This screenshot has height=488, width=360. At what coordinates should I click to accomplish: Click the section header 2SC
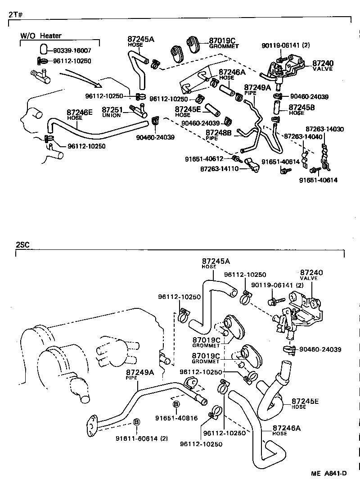[22, 245]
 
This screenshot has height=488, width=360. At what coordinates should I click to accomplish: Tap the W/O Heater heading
[41, 36]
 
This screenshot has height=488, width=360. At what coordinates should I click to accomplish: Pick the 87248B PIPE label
[218, 135]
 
